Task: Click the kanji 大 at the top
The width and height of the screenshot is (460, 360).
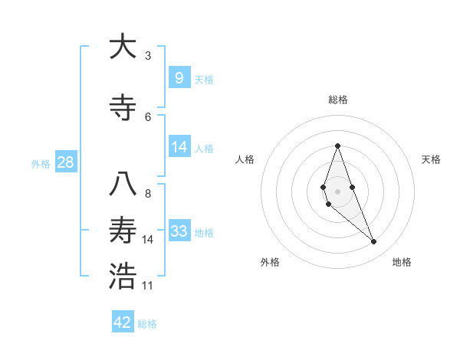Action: (x=123, y=47)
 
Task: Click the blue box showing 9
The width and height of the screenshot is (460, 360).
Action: (x=179, y=77)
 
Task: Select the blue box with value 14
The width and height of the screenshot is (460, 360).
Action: (x=179, y=147)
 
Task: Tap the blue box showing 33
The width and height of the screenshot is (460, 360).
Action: (x=179, y=231)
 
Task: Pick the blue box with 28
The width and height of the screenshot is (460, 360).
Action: (x=65, y=162)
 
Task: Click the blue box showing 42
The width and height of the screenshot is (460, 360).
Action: (x=123, y=322)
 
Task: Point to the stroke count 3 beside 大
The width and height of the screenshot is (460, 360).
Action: (x=148, y=56)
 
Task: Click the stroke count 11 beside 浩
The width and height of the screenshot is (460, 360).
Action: (x=148, y=286)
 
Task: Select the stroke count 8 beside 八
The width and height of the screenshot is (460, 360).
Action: (x=148, y=194)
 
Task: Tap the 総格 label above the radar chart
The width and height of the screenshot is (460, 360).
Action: (x=337, y=100)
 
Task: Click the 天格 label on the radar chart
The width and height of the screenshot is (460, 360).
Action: (x=431, y=159)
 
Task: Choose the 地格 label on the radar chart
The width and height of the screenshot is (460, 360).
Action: (x=402, y=262)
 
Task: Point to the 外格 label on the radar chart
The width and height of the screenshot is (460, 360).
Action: (x=270, y=262)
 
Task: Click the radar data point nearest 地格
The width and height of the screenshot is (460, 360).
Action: (x=374, y=242)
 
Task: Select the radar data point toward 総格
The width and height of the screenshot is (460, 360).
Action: (x=337, y=146)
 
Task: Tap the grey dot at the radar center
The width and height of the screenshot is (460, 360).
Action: (x=337, y=191)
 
